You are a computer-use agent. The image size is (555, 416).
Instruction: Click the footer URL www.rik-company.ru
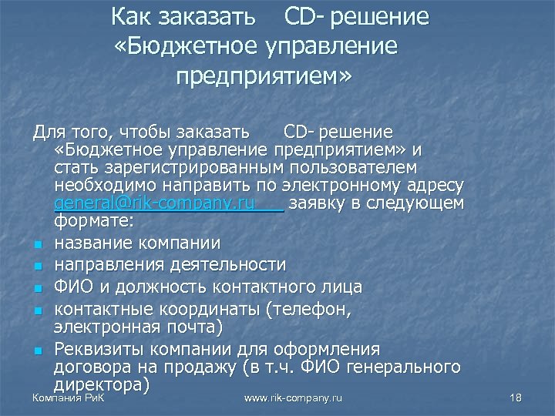click(x=293, y=398)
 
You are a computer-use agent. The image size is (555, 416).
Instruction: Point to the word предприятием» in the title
click(x=263, y=78)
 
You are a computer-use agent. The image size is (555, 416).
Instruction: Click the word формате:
click(x=95, y=222)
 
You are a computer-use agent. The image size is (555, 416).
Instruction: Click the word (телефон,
click(x=308, y=308)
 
